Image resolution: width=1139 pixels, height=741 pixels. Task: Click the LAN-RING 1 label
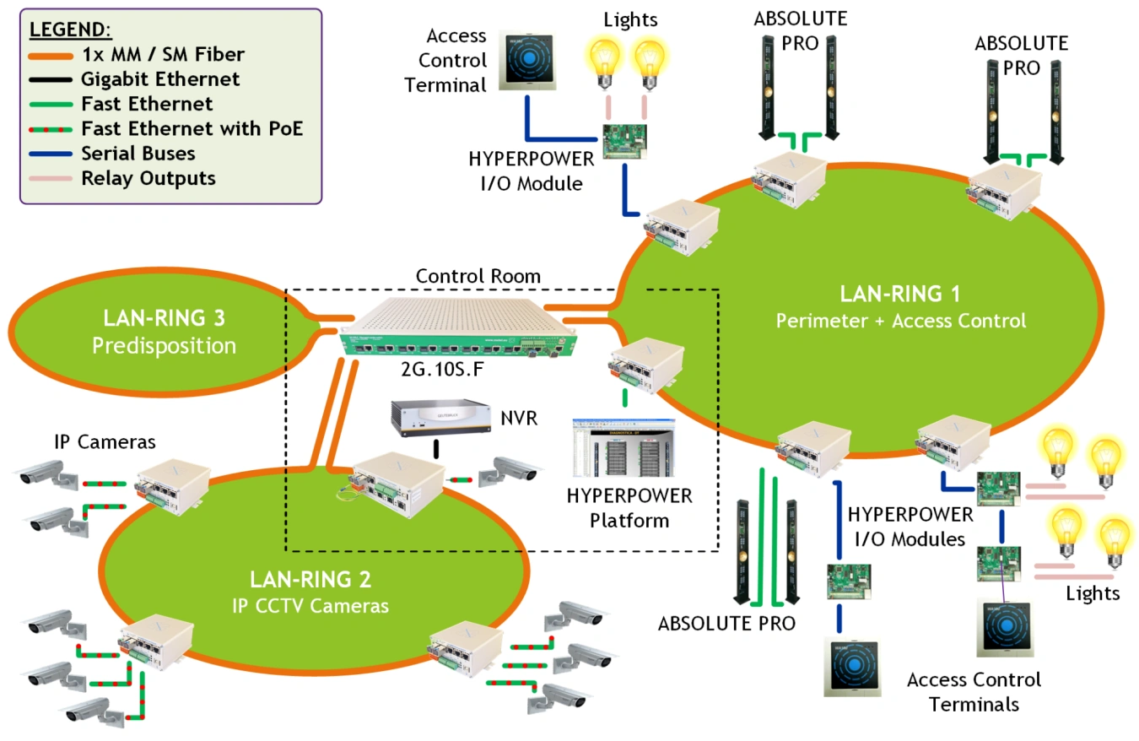pos(900,295)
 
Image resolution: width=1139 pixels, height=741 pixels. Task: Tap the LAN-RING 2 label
pos(310,580)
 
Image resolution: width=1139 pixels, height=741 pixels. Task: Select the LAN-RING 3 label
pos(164,318)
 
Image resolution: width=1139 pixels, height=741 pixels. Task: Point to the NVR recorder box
pos(440,418)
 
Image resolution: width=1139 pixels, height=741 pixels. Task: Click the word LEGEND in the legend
pos(70,30)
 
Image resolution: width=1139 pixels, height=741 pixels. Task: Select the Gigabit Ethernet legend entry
pos(160,79)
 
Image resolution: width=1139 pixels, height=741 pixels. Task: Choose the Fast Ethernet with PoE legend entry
pos(192,129)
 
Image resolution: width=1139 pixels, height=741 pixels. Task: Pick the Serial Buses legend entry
pos(138,154)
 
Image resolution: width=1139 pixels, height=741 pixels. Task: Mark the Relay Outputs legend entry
pos(148,178)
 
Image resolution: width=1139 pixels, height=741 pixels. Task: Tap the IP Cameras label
pos(105,441)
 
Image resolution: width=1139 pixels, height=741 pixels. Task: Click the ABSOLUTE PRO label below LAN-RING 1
pos(727,625)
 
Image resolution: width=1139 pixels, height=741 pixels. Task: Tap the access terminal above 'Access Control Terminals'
pos(1008,626)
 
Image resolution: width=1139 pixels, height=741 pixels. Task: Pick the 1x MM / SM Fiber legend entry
pos(161,55)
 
